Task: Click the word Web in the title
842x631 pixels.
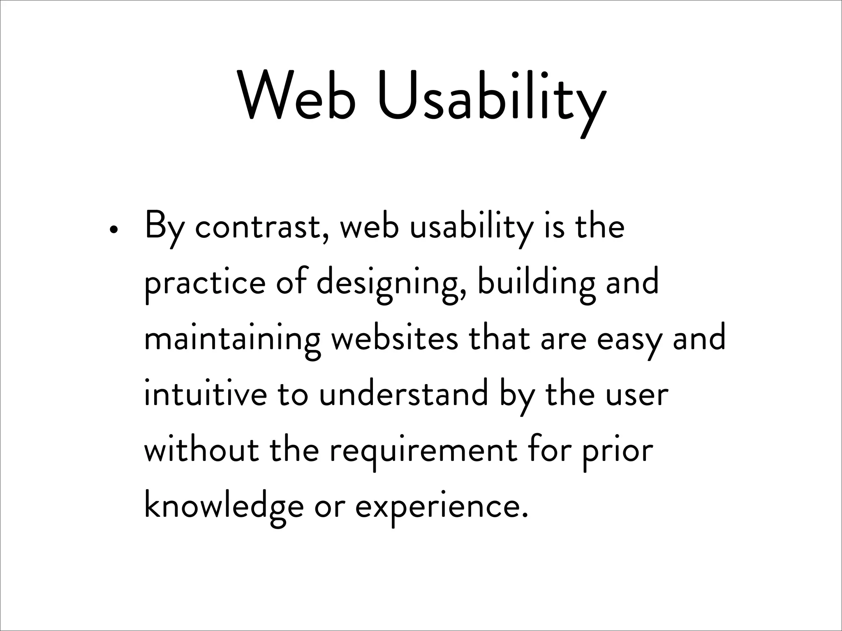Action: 297,97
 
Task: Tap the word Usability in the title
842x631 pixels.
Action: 492,99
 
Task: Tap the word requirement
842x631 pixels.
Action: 423,452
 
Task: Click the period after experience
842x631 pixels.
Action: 524,515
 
